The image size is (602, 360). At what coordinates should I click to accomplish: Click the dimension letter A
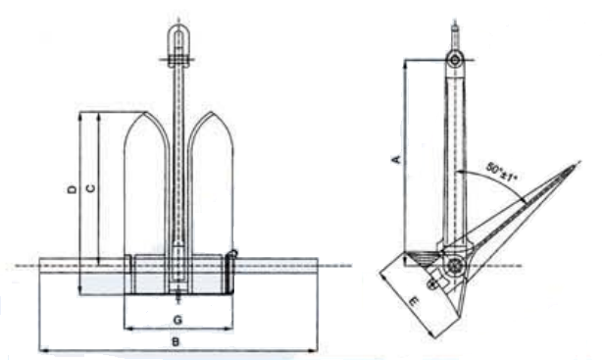[397, 159]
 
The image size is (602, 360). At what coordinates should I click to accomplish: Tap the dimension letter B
[176, 341]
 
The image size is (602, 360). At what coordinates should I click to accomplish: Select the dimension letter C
[91, 188]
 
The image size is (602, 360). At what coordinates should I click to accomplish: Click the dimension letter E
[413, 302]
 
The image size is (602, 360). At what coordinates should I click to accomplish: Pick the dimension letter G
[177, 320]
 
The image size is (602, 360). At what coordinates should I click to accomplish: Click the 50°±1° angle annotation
[502, 172]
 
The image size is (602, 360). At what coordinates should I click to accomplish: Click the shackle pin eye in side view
[455, 60]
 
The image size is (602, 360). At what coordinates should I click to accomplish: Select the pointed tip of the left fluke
[146, 112]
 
